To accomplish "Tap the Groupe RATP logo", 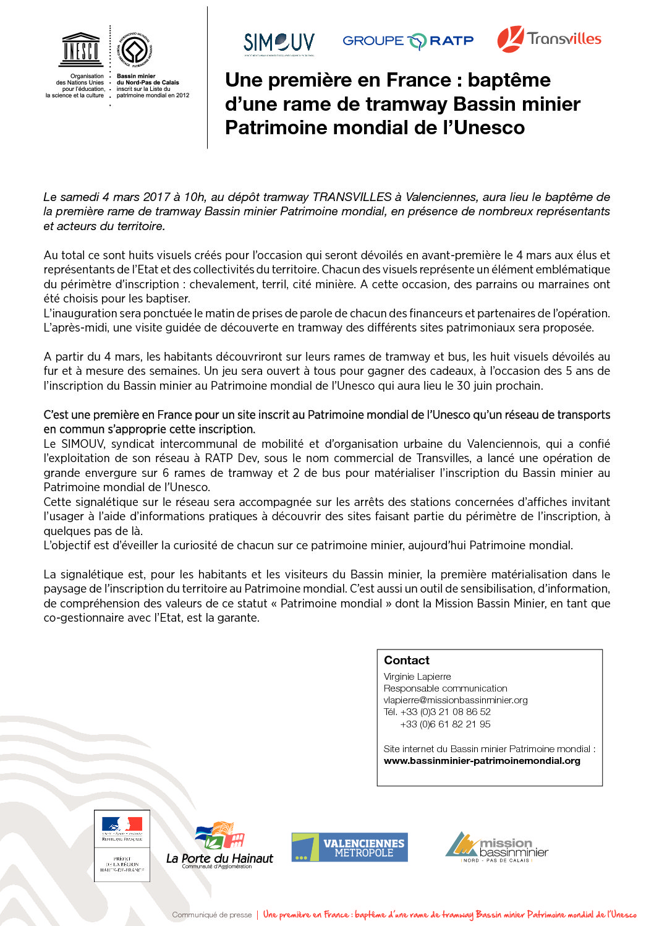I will tap(408, 41).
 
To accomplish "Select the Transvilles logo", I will tap(549, 39).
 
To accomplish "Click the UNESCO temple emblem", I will tap(80, 49).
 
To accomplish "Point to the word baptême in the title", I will tap(509, 80).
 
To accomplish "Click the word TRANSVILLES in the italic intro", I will tap(352, 197).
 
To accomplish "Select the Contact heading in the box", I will tap(406, 660).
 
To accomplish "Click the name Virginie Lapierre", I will tap(417, 676).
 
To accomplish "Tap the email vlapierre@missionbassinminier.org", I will tap(456, 700).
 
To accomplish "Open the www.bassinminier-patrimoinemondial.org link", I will tap(482, 760).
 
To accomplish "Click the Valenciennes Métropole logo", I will tap(349, 847).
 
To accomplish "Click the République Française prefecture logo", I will tap(122, 845).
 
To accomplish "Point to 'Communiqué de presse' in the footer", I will tap(211, 914).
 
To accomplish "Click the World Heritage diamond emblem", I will tap(135, 50).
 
